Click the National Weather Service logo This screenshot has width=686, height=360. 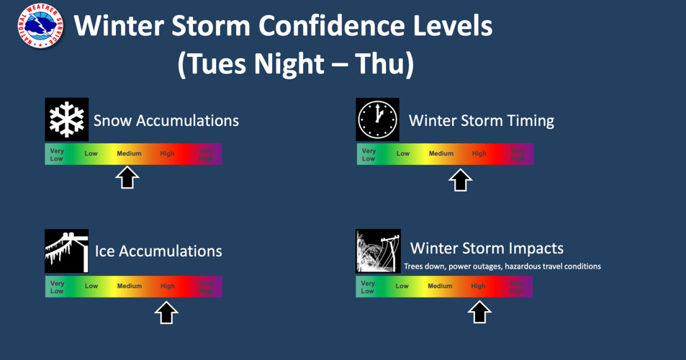[x=41, y=25]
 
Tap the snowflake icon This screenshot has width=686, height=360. [x=67, y=120]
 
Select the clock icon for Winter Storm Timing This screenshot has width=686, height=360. [x=378, y=120]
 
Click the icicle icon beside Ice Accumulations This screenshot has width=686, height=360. [x=67, y=251]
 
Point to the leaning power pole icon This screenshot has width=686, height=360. [x=378, y=251]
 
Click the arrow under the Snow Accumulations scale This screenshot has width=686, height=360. [x=127, y=177]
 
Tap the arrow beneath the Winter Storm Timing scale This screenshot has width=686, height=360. [x=461, y=179]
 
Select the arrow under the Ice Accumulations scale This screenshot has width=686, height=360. [x=166, y=312]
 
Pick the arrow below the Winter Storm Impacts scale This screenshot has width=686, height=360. [x=479, y=312]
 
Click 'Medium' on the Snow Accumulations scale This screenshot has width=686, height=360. [x=130, y=153]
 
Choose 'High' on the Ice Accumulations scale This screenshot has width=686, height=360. [x=168, y=286]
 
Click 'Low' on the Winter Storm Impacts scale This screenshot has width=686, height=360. [x=402, y=286]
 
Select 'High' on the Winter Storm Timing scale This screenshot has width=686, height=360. [x=479, y=153]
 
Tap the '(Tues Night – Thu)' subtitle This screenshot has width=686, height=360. [x=296, y=65]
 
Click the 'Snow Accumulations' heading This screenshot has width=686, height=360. [x=166, y=120]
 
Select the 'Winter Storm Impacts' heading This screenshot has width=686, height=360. [x=487, y=248]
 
